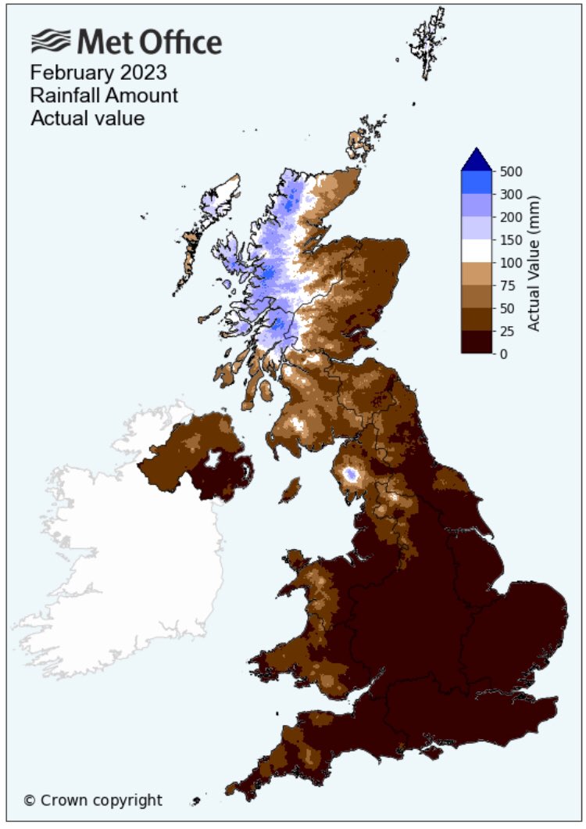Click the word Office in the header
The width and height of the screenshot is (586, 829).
(x=179, y=41)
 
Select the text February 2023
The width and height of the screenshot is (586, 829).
(x=98, y=73)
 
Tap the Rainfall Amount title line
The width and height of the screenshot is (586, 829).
(x=103, y=96)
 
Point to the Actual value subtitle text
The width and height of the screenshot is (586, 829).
(x=87, y=119)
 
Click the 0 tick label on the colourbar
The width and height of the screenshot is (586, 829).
(x=505, y=354)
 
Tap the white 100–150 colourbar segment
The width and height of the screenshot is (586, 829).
(x=476, y=251)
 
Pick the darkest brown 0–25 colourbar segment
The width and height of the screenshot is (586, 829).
(x=476, y=343)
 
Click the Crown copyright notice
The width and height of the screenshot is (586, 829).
(x=93, y=800)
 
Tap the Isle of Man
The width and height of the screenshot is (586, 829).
(x=290, y=491)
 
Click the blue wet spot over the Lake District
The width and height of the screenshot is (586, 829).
(x=351, y=473)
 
